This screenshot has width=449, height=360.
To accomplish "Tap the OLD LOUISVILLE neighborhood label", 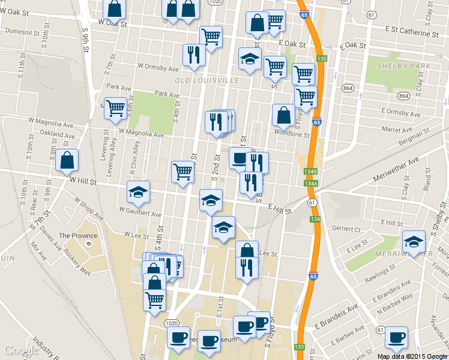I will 207,80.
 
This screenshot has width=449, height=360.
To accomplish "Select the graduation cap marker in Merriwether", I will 414,241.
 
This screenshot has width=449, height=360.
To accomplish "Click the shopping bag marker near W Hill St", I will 67,160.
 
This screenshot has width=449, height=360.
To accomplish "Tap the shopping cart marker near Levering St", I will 115,109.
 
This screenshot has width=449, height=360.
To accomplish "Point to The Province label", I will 74,236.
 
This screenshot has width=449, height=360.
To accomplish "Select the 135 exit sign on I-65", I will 322,58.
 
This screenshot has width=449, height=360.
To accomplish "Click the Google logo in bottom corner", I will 22,350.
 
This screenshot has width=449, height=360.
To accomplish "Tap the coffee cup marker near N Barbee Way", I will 396,337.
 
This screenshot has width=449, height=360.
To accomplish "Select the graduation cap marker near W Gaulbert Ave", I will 139,191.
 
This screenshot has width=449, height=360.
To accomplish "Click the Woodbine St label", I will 291,133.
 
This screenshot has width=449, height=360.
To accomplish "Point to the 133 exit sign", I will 300,347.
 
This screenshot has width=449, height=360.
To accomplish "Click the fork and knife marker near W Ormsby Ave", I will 193,54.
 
